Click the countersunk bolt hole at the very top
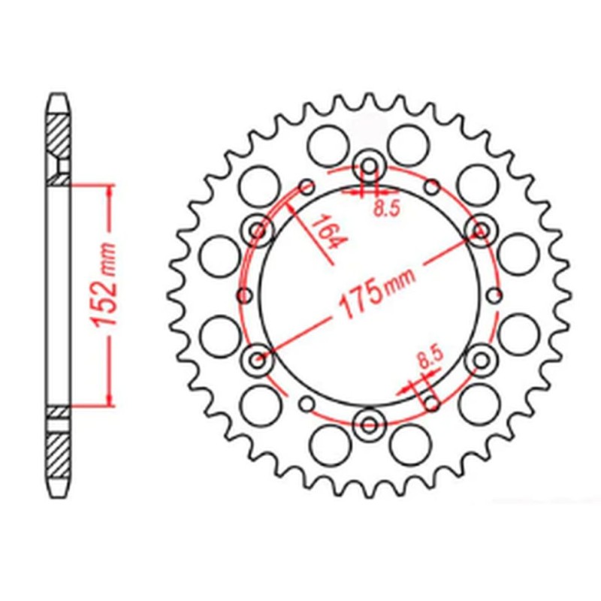[x=370, y=166]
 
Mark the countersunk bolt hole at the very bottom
[x=370, y=424]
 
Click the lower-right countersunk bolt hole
[x=479, y=361]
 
